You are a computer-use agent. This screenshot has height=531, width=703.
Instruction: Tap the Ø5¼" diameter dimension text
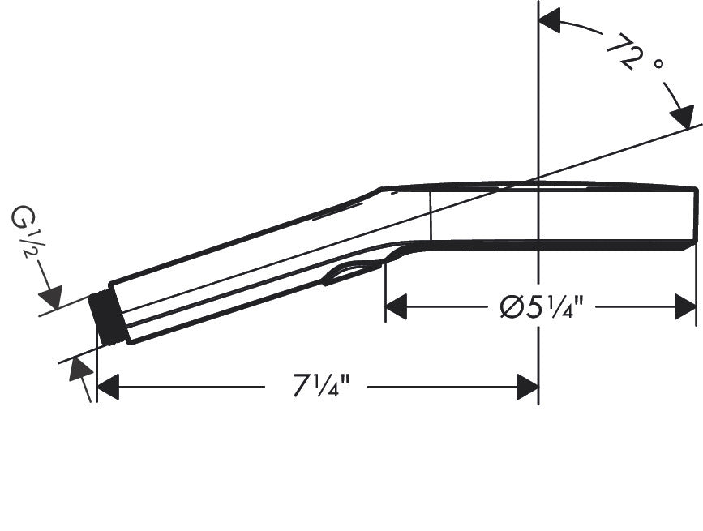point(541,308)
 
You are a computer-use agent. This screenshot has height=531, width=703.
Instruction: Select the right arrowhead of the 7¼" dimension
point(528,388)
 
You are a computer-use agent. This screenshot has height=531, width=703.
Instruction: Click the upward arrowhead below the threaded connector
point(79,370)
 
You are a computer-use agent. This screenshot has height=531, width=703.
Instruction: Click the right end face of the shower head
point(696,215)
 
